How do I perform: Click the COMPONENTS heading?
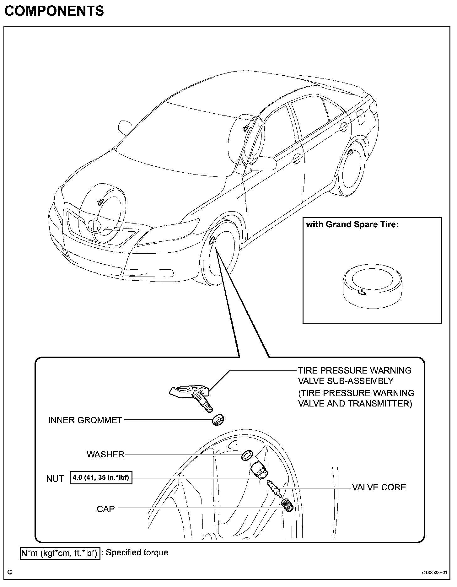pyautogui.click(x=54, y=11)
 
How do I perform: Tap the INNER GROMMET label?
pyautogui.click(x=85, y=420)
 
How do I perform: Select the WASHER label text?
pyautogui.click(x=105, y=454)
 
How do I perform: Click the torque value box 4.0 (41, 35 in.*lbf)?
pyautogui.click(x=101, y=478)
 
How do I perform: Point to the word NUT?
pyautogui.click(x=55, y=479)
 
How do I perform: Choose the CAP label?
pyautogui.click(x=106, y=509)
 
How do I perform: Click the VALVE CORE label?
pyautogui.click(x=379, y=487)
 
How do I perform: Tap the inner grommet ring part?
pyautogui.click(x=218, y=420)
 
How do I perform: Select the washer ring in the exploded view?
pyautogui.click(x=247, y=455)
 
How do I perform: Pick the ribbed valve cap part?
pyautogui.click(x=287, y=505)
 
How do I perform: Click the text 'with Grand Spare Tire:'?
pyautogui.click(x=352, y=224)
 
